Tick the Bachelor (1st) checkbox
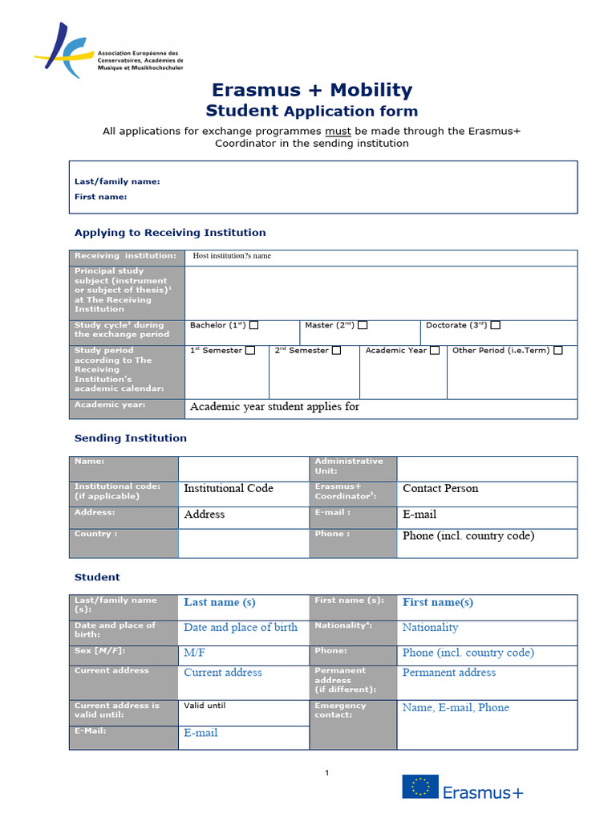254,325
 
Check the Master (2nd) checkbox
363,325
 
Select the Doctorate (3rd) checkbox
496,325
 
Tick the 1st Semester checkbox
250,350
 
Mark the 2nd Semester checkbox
337,350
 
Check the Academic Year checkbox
435,350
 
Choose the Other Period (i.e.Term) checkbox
558,350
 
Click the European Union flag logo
420,787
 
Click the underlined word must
338,131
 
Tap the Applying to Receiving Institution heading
170,233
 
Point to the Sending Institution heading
131,438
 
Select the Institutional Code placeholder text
229,488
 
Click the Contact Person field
440,488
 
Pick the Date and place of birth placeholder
241,628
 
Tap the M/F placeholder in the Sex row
195,653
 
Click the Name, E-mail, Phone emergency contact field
456,707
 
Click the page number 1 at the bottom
327,773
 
